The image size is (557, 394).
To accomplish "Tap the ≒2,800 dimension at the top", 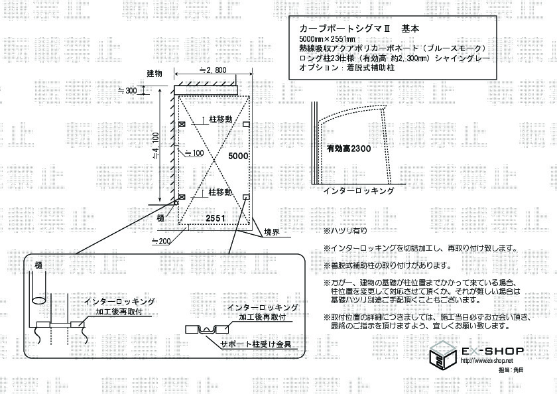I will pos(213,70).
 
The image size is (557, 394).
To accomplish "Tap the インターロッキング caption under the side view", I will pos(359,191).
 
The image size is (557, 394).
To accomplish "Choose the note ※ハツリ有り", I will pos(345,231).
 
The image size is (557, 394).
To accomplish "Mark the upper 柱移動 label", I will pos(220,119).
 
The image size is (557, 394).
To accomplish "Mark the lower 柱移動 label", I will pos(220,192).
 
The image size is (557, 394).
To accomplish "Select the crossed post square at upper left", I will pos(182,124).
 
